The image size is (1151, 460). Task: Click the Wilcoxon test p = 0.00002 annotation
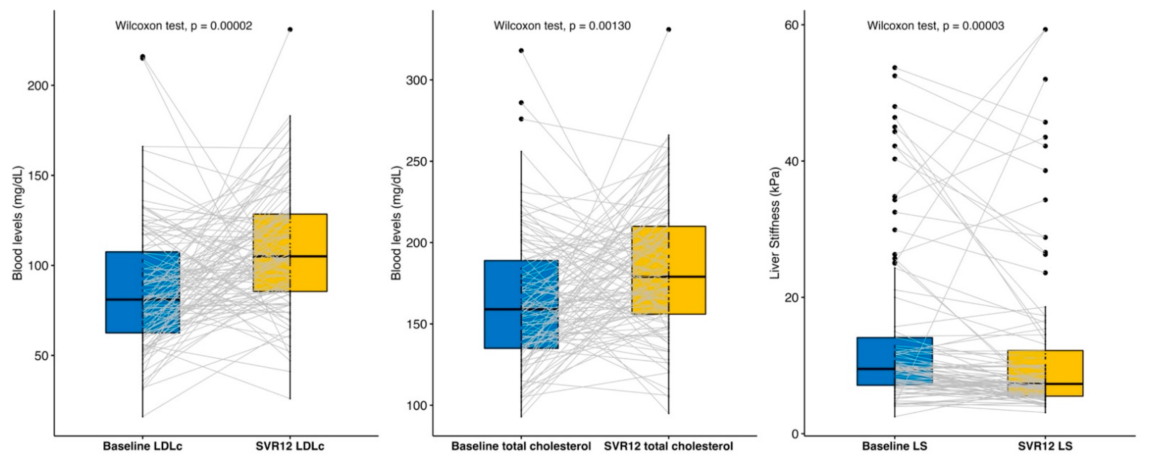click(184, 26)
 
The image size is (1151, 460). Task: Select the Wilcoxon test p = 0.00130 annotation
click(562, 26)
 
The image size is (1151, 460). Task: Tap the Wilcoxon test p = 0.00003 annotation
click(936, 26)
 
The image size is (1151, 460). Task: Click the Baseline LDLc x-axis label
click(142, 446)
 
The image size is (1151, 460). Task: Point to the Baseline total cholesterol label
click(521, 446)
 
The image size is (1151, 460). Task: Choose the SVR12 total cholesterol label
click(669, 446)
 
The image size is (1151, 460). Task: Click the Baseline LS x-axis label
click(894, 446)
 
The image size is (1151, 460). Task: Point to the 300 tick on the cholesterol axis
click(416, 80)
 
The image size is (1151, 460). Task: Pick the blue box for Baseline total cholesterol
click(521, 304)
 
